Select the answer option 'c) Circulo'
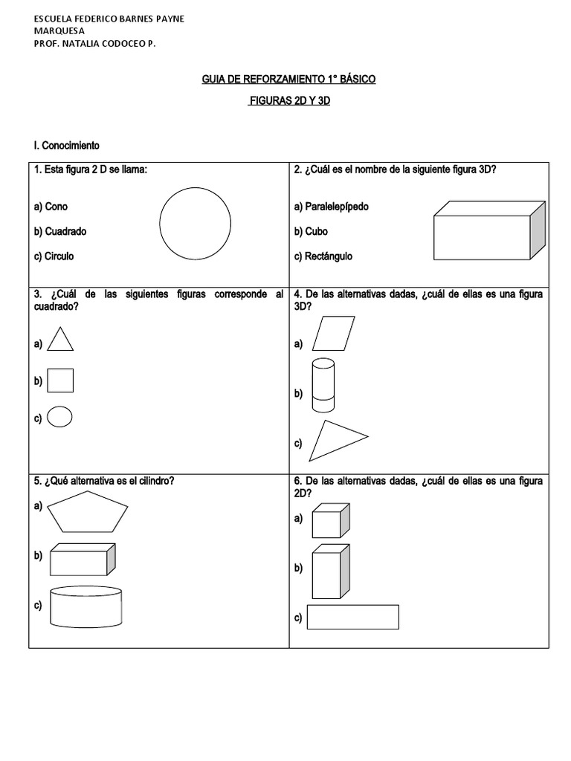tap(54, 256)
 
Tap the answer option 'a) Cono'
tap(51, 206)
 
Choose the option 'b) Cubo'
tap(311, 231)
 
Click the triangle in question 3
tap(60, 341)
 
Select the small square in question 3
tap(60, 380)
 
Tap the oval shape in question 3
tap(59, 418)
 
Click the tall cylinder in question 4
tap(323, 384)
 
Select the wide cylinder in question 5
tap(86, 607)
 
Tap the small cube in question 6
tap(330, 521)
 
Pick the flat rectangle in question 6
tap(352, 617)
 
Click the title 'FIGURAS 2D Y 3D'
tap(288, 100)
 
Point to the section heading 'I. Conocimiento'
tap(65, 145)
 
